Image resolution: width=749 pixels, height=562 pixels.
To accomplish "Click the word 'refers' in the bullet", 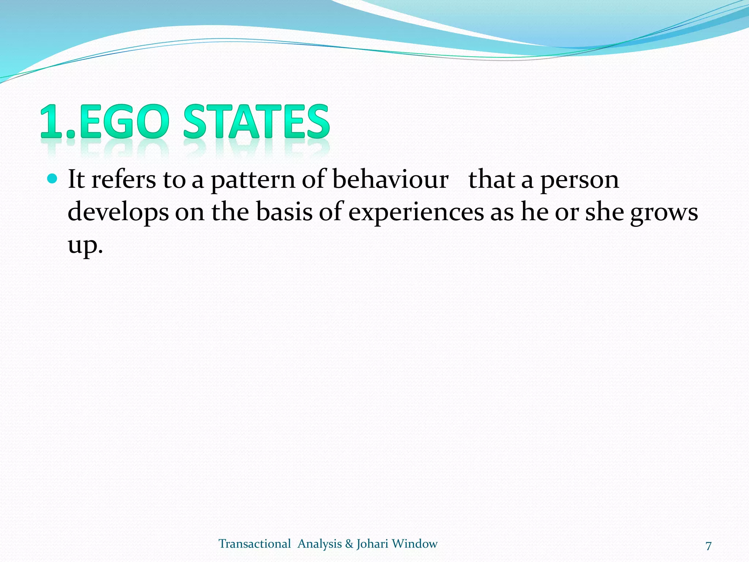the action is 123,180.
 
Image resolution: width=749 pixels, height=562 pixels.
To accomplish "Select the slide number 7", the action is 708,546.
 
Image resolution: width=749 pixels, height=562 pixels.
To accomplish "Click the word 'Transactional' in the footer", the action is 255,544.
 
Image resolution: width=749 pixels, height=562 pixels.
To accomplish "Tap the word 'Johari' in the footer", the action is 372,544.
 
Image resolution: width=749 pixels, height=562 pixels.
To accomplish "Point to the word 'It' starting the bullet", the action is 76,180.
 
